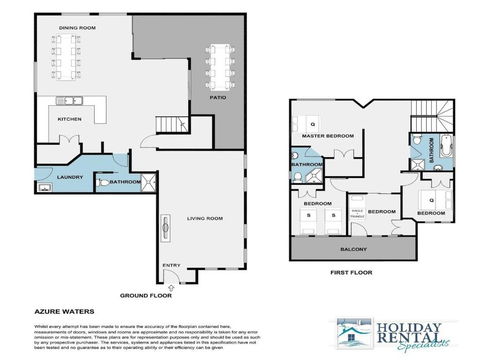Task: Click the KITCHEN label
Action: (x=68, y=118)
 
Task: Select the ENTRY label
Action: (x=171, y=265)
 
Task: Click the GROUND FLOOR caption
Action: (x=145, y=296)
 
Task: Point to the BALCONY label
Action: (x=353, y=249)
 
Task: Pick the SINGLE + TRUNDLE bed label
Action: (x=354, y=213)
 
